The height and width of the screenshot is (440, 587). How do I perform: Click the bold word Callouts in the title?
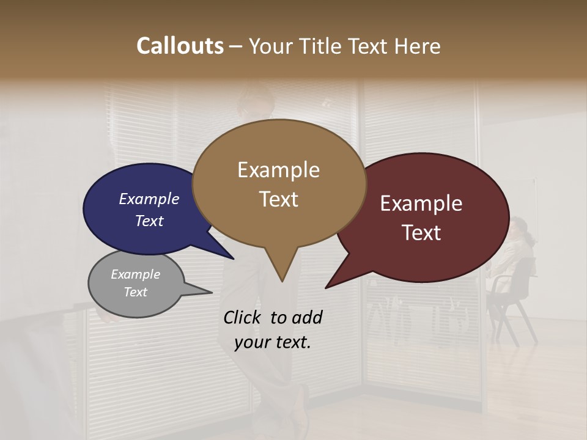click(180, 46)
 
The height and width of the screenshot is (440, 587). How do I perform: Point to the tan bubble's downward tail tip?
click(282, 280)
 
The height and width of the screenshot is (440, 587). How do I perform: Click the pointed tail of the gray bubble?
click(211, 292)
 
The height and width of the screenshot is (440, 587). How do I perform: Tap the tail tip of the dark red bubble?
click(327, 287)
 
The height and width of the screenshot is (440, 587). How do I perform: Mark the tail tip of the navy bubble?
click(232, 258)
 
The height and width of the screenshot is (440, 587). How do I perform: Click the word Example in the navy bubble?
click(149, 199)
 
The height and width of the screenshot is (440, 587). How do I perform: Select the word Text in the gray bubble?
click(136, 292)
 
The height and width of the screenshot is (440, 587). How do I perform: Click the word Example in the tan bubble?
click(278, 170)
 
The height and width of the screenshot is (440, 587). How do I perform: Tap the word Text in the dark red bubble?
click(421, 233)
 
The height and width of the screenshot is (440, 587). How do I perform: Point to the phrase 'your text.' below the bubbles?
click(273, 342)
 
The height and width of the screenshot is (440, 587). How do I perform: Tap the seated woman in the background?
click(514, 244)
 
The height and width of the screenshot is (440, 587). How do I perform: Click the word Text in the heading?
click(369, 46)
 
